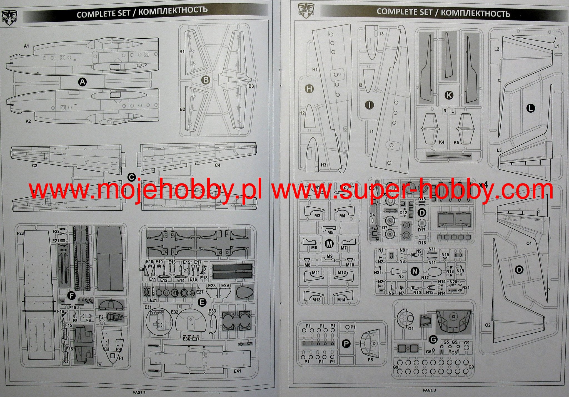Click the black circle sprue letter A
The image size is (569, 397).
(x=83, y=82)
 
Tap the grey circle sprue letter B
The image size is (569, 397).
(x=206, y=80)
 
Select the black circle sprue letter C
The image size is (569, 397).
(x=131, y=177)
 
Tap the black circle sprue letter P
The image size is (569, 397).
(x=346, y=344)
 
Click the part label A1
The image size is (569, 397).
(x=26, y=46)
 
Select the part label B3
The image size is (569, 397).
(x=251, y=86)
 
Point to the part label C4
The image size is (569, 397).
(x=217, y=165)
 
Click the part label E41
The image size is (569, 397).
(x=237, y=371)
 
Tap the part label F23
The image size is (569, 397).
(x=20, y=234)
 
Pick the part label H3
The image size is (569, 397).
(x=323, y=165)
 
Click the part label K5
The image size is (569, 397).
(x=456, y=142)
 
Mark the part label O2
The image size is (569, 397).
(x=488, y=325)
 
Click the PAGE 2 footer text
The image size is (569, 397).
(x=139, y=392)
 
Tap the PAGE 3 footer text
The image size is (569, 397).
(x=429, y=390)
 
